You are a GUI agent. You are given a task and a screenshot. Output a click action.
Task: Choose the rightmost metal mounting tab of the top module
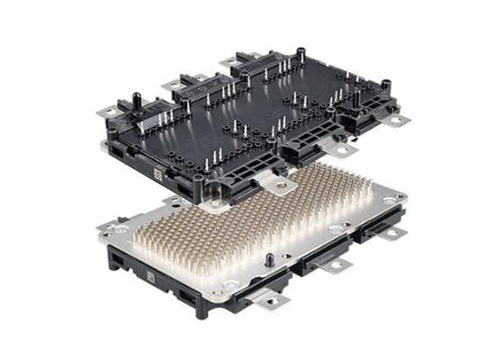397,118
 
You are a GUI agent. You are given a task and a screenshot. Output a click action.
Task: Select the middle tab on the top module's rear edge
170,85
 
